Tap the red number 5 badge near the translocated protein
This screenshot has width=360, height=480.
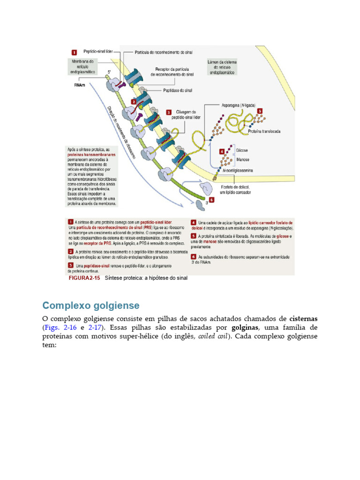pyautogui.click(x=260, y=111)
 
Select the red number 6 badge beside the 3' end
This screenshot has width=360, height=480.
pyautogui.click(x=211, y=199)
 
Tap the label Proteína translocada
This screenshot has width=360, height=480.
pyautogui.click(x=265, y=132)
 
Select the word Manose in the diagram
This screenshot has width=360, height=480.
pyautogui.click(x=241, y=159)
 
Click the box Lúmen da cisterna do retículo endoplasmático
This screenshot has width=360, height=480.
pyautogui.click(x=222, y=67)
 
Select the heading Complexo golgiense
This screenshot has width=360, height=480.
pyautogui.click(x=90, y=306)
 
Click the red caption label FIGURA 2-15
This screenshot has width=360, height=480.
pyautogui.click(x=85, y=278)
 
